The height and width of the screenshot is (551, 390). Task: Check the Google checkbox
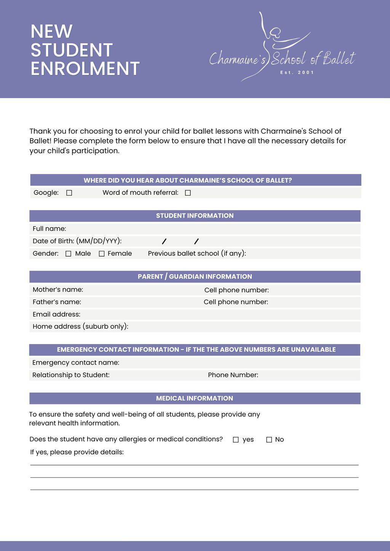tap(69, 193)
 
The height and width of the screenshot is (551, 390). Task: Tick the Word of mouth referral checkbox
tap(188, 193)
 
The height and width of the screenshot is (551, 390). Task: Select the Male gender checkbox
tap(69, 254)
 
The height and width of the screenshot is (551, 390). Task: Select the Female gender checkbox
tap(102, 254)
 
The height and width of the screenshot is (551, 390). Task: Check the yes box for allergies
tap(236, 440)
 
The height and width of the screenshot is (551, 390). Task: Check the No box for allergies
tap(269, 440)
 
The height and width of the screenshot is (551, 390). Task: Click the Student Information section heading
tap(195, 216)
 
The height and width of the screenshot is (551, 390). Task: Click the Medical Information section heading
tap(195, 398)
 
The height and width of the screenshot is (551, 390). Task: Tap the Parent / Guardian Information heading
tap(195, 277)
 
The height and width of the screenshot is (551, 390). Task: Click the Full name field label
tap(50, 229)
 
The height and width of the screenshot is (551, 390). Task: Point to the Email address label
tap(56, 314)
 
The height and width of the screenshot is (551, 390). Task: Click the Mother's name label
tap(58, 290)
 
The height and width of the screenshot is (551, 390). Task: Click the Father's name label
tap(57, 302)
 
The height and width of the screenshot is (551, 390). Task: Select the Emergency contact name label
tap(76, 363)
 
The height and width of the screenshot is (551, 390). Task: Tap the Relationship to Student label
tap(71, 375)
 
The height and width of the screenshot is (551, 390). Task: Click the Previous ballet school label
tap(197, 253)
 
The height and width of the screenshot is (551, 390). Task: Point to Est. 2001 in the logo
tap(297, 72)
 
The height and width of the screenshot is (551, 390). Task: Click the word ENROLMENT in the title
tap(85, 69)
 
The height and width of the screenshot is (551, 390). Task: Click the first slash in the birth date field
tap(164, 241)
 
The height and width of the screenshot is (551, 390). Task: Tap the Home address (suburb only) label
tap(80, 326)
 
